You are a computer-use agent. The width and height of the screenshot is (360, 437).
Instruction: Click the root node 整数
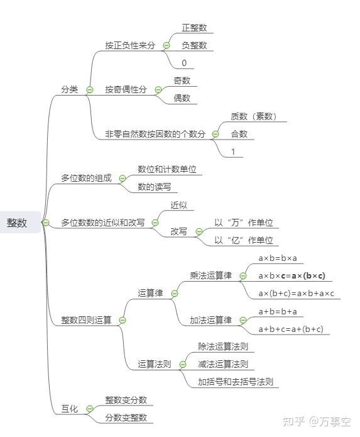coord(18,222)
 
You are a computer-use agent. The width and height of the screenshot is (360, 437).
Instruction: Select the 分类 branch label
coord(70,89)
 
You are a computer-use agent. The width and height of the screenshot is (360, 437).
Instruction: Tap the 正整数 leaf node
coord(194,28)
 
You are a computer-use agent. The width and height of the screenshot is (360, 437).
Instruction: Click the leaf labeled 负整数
coord(194,45)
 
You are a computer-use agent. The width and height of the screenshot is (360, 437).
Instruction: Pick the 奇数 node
coord(182,80)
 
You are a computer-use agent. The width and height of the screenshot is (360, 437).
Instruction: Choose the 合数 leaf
coord(239,134)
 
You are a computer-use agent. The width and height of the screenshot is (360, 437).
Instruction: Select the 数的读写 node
coord(155,187)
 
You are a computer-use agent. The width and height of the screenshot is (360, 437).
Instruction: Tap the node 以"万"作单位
coord(244,223)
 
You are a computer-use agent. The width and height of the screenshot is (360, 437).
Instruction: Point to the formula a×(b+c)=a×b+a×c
coord(297,294)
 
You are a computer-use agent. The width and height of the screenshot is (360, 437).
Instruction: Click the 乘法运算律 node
coord(210,275)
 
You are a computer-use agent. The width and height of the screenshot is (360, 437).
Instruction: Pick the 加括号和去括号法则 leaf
coord(235,382)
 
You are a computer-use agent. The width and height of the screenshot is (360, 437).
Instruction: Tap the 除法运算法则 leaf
coord(222,346)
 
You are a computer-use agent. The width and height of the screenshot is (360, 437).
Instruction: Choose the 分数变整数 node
coord(126,418)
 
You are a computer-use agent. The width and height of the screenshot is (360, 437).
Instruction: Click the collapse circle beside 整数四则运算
coord(123,320)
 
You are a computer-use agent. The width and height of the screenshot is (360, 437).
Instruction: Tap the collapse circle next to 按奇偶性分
coord(158,90)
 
